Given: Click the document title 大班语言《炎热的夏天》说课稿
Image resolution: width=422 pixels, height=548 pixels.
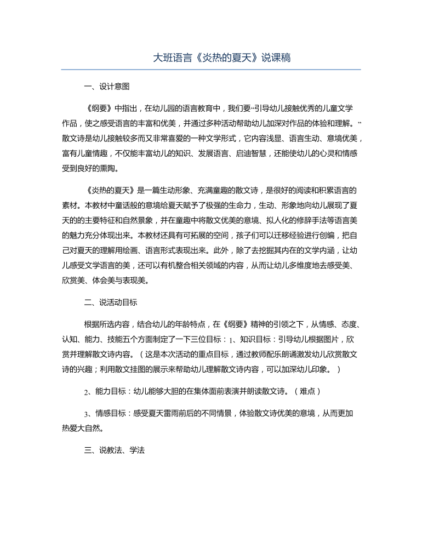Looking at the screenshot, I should pyautogui.click(x=211, y=58).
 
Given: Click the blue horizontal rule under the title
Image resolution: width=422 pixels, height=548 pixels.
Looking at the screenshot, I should pyautogui.click(x=211, y=70).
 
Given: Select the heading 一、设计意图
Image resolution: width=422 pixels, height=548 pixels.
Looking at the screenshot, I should pyautogui.click(x=107, y=86).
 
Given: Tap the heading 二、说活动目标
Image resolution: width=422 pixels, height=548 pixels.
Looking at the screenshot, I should pyautogui.click(x=111, y=302).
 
